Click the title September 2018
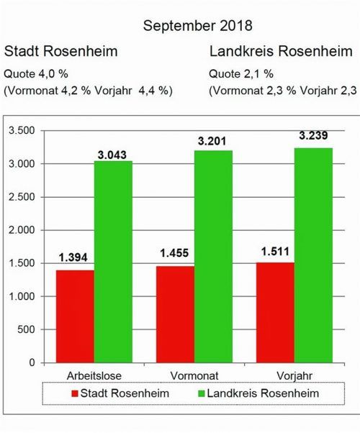click(x=197, y=26)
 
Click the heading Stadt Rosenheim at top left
click(x=60, y=52)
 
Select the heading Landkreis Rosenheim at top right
click(x=282, y=52)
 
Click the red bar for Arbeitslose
click(x=75, y=316)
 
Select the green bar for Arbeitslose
click(x=113, y=262)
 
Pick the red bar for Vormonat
click(x=176, y=314)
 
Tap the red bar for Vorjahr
click(x=276, y=312)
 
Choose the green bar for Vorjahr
click(x=314, y=255)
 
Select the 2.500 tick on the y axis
click(x=21, y=197)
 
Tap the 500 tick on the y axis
click(x=26, y=330)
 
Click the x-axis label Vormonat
click(x=194, y=375)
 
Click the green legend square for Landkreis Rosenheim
click(x=201, y=393)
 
